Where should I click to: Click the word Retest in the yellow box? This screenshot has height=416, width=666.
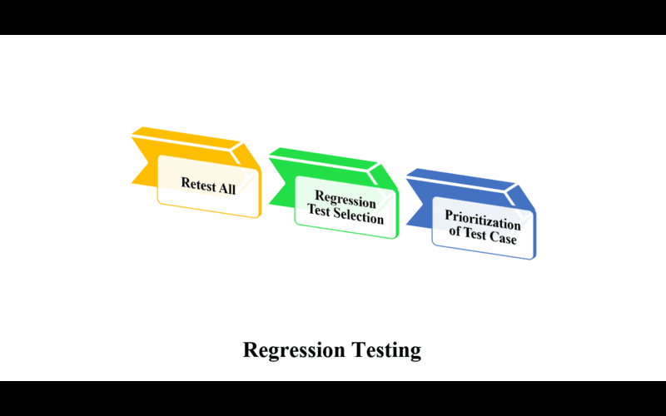[199, 184]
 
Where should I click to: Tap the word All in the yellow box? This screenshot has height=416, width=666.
[227, 188]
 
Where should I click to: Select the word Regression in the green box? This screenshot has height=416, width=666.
[345, 199]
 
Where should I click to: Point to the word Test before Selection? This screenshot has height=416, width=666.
[319, 210]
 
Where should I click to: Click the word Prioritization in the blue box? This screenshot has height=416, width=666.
[483, 220]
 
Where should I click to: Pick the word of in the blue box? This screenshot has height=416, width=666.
[455, 231]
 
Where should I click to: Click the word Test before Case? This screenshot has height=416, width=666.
[475, 233]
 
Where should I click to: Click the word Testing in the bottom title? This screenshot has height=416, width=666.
[386, 350]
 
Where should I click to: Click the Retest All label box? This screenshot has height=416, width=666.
[209, 186]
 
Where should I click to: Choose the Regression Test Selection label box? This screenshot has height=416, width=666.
[345, 207]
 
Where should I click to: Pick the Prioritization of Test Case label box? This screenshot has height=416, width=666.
[484, 228]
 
